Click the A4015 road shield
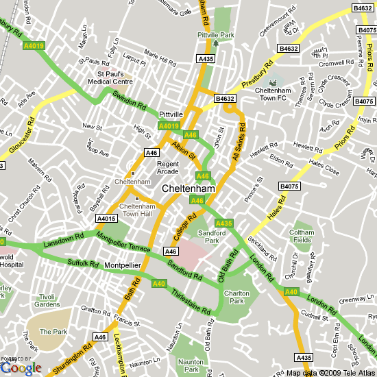tap(106, 219)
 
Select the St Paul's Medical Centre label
tap(119, 77)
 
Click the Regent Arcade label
tap(168, 168)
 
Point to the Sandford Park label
tap(212, 237)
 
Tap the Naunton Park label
tap(189, 365)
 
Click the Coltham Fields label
tap(302, 236)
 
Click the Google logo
tap(21, 368)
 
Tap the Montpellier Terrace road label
tap(123, 242)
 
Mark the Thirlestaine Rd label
tap(190, 301)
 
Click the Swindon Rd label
tap(130, 101)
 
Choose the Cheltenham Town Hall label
tap(138, 210)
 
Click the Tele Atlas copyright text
tap(330, 373)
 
